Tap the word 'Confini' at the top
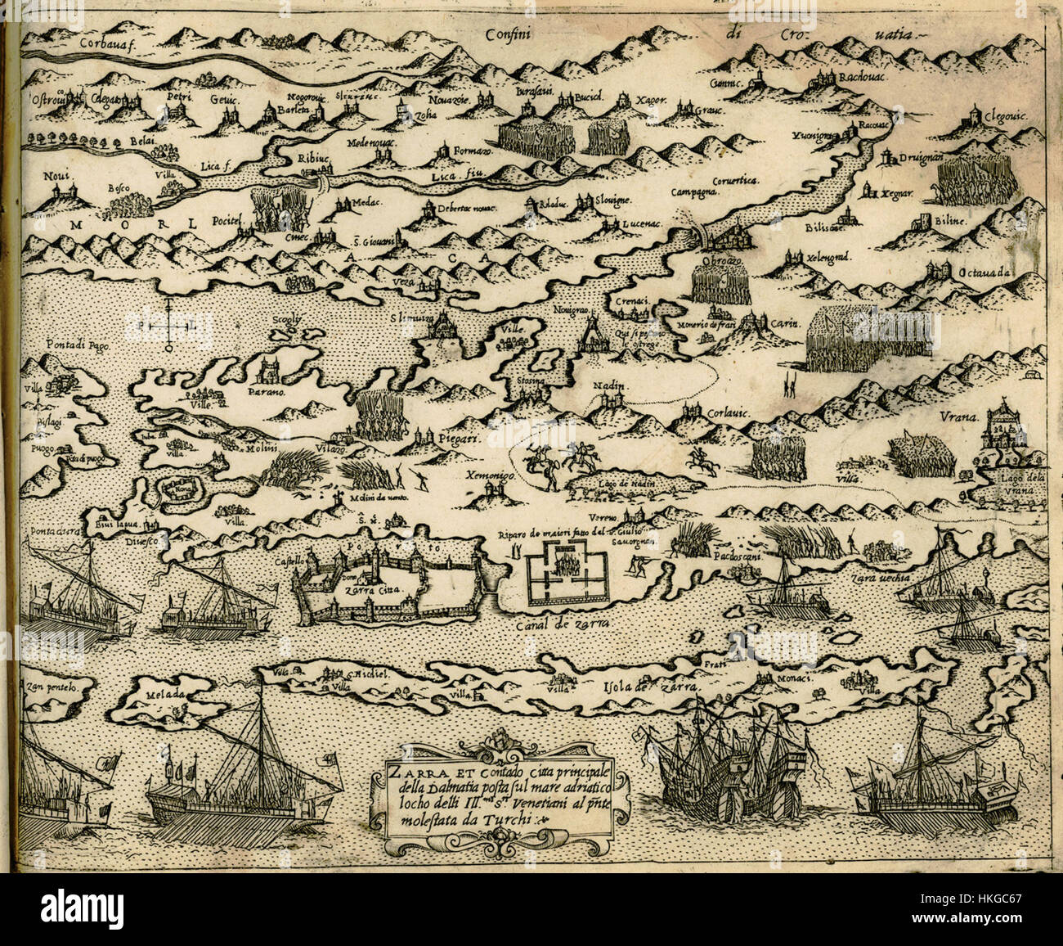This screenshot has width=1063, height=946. pyautogui.click(x=513, y=35)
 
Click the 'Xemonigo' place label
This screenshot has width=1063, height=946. pyautogui.click(x=488, y=475)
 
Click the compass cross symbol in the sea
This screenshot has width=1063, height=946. pyautogui.click(x=168, y=325)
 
